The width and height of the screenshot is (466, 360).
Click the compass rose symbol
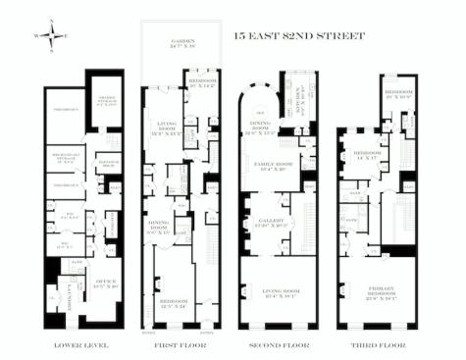pyautogui.click(x=54, y=35)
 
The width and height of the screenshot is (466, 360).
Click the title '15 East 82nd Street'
pyautogui.click(x=298, y=36)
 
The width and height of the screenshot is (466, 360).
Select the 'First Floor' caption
pyautogui.click(x=179, y=345)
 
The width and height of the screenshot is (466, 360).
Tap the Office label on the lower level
pyautogui.click(x=100, y=283)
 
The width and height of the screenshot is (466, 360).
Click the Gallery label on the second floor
pyautogui.click(x=270, y=224)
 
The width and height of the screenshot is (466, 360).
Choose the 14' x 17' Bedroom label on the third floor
pyautogui.click(x=367, y=155)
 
